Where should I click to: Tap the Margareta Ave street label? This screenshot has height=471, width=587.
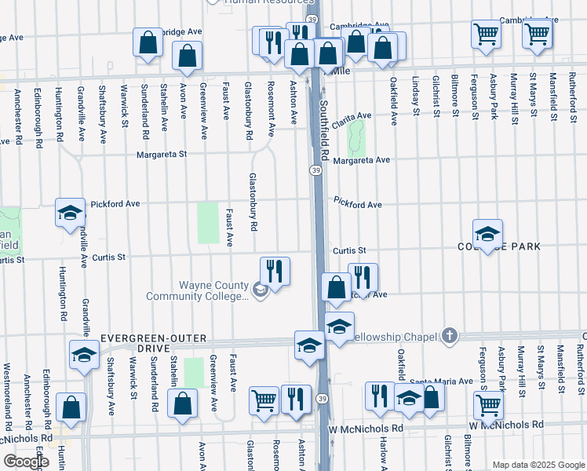361,160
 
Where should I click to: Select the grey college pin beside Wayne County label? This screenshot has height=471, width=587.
261,291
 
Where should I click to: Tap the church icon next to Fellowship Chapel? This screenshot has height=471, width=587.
448,336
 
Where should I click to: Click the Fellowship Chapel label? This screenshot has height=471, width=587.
393,336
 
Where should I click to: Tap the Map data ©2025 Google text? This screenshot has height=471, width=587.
538,465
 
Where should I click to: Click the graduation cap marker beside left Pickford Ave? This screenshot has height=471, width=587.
70,212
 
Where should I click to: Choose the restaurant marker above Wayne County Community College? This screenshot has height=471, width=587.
275,270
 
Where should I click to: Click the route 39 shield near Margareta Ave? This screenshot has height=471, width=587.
315,170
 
